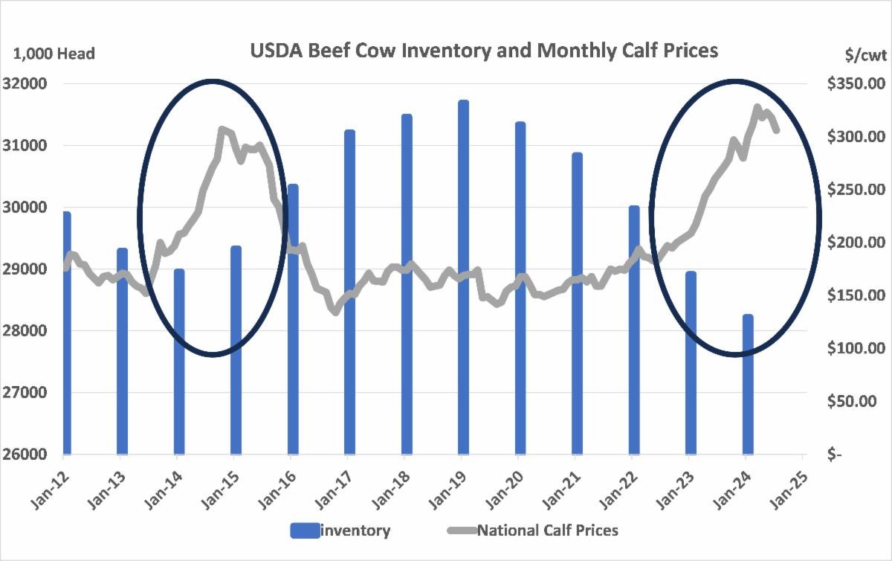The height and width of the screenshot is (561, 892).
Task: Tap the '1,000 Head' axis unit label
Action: pyautogui.click(x=54, y=54)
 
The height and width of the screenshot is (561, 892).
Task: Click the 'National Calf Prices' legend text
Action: pyautogui.click(x=548, y=530)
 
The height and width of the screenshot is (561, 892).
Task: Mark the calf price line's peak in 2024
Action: pyautogui.click(x=758, y=109)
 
